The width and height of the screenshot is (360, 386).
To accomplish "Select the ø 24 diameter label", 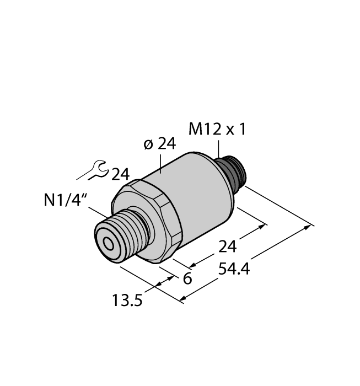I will pyautogui.click(x=159, y=144).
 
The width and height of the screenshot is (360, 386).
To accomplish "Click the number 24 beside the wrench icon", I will pyautogui.click(x=120, y=175).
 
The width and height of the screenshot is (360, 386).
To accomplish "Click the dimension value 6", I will pyautogui.click(x=187, y=278).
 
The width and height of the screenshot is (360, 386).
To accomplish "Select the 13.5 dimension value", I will pyautogui.click(x=126, y=301).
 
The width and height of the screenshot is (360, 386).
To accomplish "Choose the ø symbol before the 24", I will pyautogui.click(x=148, y=145).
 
